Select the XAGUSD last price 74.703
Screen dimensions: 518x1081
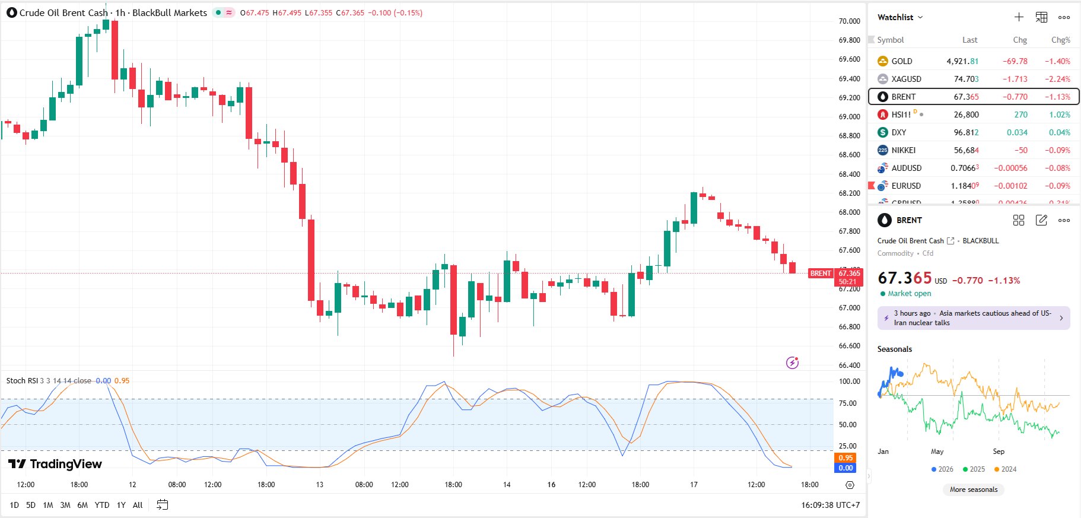[x=966, y=79]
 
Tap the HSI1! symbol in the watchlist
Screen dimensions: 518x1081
[x=901, y=115]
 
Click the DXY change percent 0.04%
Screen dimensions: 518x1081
[x=1059, y=132]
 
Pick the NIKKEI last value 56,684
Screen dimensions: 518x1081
[x=966, y=150]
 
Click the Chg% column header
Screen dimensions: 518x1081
[x=1060, y=40]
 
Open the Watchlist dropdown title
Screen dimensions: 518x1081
[x=900, y=17]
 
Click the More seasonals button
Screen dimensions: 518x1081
[x=973, y=490]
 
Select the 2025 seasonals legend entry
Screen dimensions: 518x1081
[x=974, y=469]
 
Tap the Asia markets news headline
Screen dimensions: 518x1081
[x=973, y=318]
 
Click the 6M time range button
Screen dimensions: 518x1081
[x=82, y=505]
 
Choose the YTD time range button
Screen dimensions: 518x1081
[x=102, y=505]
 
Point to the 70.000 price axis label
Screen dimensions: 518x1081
[x=849, y=21]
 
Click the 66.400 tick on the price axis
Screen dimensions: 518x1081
[x=849, y=365]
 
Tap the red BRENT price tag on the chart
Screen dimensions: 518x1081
[x=821, y=274]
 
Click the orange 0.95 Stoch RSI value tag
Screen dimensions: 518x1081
[x=845, y=458]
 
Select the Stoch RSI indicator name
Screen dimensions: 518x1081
[x=21, y=381]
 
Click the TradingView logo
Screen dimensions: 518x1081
[x=55, y=464]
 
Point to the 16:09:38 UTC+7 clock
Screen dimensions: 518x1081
[x=830, y=505]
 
